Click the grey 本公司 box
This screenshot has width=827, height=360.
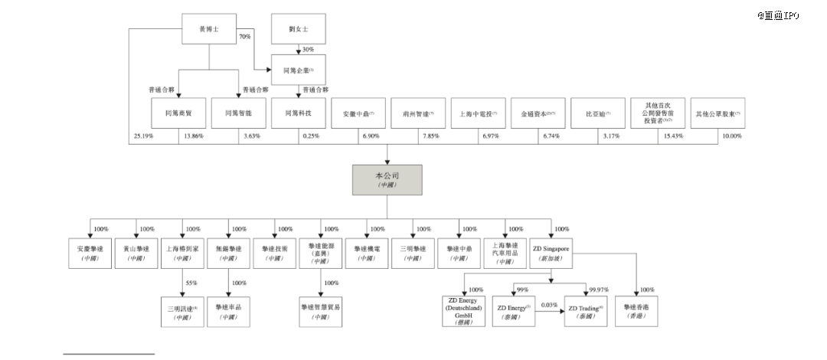pyautogui.click(x=386, y=182)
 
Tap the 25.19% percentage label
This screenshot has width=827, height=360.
pyautogui.click(x=143, y=136)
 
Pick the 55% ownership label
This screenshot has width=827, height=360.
pyautogui.click(x=191, y=283)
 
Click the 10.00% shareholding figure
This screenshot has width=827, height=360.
pyautogui.click(x=731, y=136)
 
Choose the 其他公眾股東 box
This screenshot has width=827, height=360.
pyautogui.click(x=717, y=113)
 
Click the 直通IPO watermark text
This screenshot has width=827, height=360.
pyautogui.click(x=780, y=15)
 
